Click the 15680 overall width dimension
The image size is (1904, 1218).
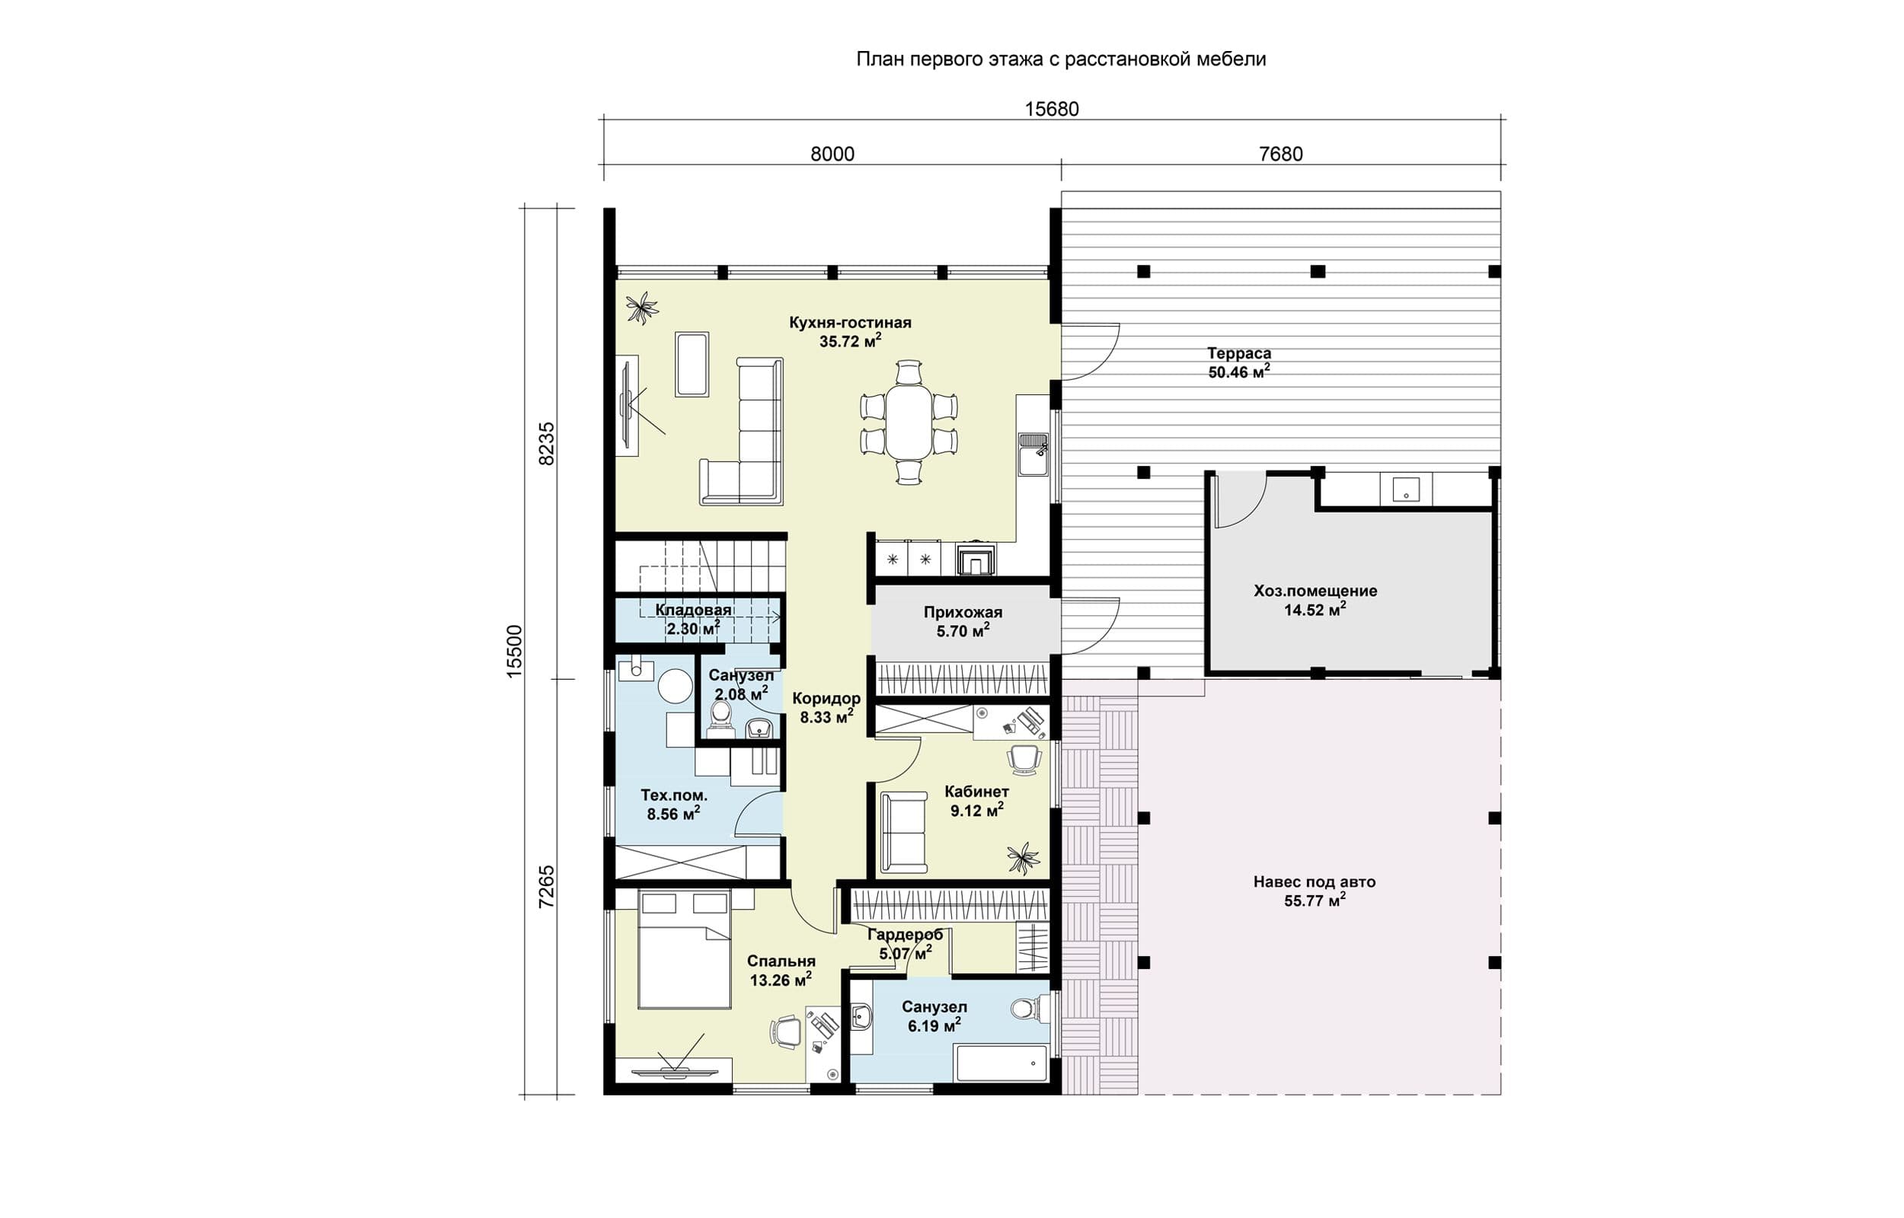1051,109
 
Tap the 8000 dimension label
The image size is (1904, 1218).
832,155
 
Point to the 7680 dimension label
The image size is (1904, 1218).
1281,155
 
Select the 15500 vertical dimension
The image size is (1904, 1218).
514,651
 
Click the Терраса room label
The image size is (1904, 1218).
1239,353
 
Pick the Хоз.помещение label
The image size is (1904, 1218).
1315,591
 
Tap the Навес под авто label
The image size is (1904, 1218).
1315,882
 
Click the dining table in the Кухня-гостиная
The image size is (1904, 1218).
909,422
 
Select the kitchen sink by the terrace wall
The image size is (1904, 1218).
1033,453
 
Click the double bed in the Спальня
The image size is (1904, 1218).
683,949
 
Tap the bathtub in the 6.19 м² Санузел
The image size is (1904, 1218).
1002,1063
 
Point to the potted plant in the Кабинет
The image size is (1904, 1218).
1023,857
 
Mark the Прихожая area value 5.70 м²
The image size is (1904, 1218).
963,631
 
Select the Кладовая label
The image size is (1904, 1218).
694,610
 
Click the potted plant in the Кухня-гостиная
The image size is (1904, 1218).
641,308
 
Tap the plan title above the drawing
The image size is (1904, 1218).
1062,59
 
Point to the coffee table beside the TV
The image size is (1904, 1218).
692,364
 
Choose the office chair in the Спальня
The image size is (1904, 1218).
785,1032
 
